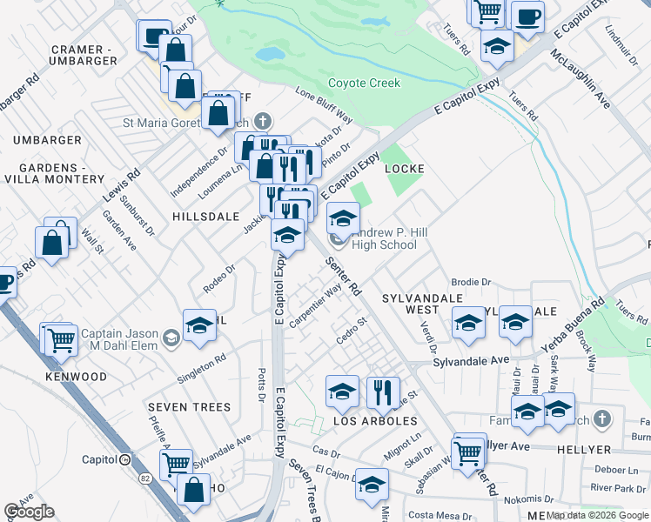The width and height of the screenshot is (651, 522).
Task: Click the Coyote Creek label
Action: pyautogui.click(x=364, y=84)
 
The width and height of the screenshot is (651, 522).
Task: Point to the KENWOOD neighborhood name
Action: pyautogui.click(x=78, y=378)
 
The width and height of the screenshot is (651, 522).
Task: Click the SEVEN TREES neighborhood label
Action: pyautogui.click(x=189, y=407)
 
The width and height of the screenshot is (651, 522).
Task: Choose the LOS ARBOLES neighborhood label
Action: pyautogui.click(x=376, y=421)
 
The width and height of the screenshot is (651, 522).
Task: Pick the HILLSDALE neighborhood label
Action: pyautogui.click(x=205, y=216)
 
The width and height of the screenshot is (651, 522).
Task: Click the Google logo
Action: pyautogui.click(x=29, y=512)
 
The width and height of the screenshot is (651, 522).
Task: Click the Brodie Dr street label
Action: pyautogui.click(x=471, y=283)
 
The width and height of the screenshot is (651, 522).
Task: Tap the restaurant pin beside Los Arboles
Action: pyautogui.click(x=382, y=393)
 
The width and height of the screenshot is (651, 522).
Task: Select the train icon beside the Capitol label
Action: pyautogui.click(x=125, y=459)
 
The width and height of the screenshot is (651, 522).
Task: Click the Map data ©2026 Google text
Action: pyautogui.click(x=597, y=515)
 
